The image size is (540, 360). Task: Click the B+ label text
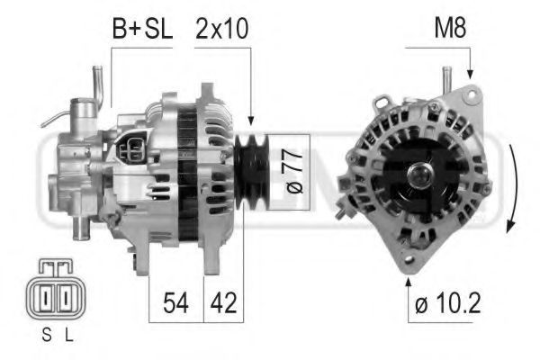click(126, 29)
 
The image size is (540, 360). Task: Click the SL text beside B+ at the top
click(158, 29)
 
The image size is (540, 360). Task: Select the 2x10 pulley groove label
click(221, 29)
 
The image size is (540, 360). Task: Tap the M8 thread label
click(451, 28)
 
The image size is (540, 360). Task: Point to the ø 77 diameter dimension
click(294, 171)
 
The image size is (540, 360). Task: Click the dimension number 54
click(175, 302)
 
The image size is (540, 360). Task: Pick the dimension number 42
click(224, 302)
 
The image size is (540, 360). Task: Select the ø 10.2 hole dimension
click(447, 303)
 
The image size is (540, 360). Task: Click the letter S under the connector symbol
click(47, 335)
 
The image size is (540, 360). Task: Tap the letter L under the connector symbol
click(69, 335)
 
